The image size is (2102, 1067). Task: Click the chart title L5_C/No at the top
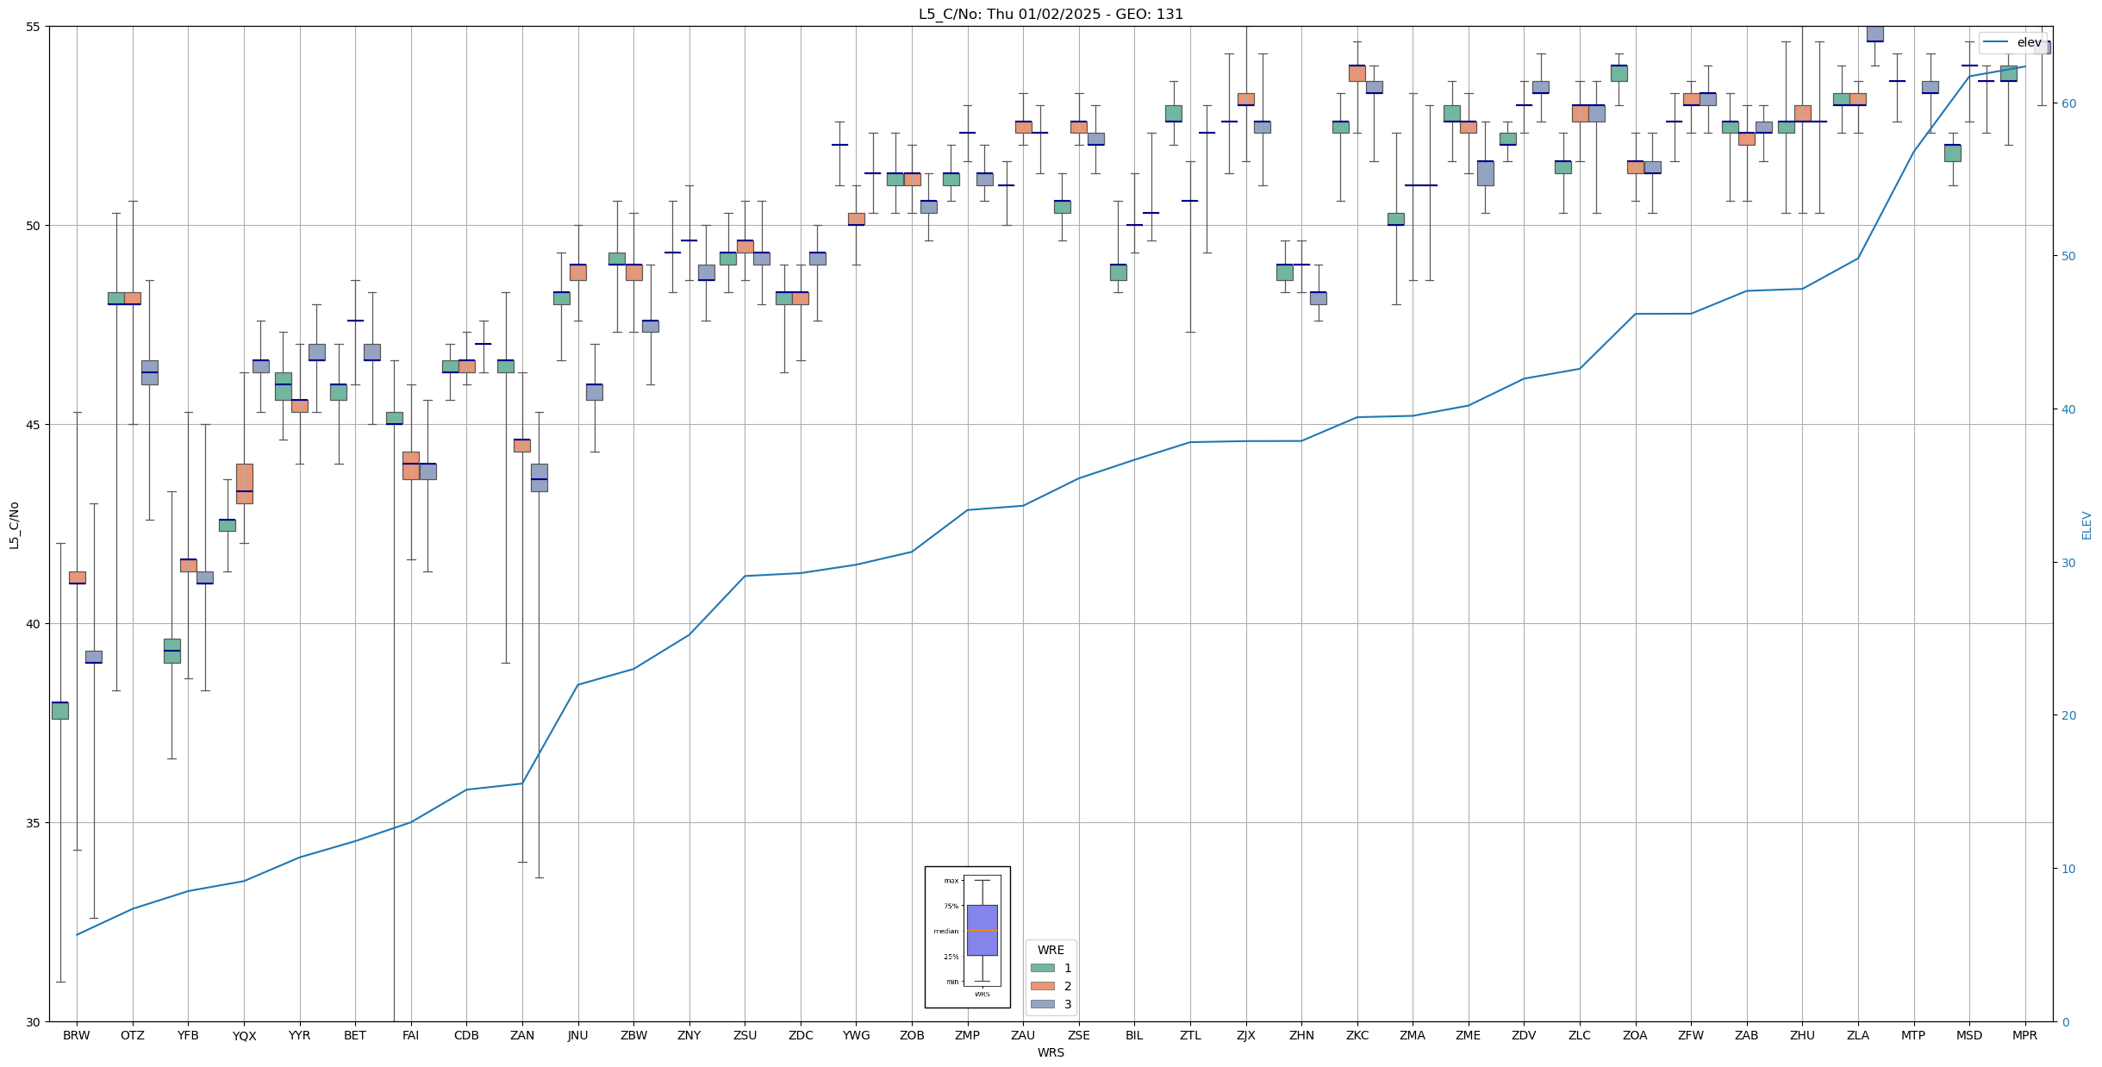coord(1051,14)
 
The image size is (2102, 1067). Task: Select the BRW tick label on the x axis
coord(77,1035)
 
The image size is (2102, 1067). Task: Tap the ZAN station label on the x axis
coord(522,1035)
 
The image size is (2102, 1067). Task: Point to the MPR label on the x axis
coord(2024,1035)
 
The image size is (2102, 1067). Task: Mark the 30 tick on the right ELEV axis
coord(2068,563)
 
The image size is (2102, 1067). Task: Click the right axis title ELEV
coord(2086,525)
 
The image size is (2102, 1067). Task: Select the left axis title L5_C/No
coord(14,525)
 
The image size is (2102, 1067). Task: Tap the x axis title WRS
coord(1051,1052)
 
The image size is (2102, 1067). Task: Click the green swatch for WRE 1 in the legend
coord(1043,968)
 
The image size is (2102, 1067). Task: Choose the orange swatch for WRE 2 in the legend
coord(1043,986)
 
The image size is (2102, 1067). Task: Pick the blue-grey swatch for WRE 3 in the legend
coord(1043,1004)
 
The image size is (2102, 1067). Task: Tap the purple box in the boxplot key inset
coord(982,930)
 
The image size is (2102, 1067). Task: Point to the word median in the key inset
coord(945,931)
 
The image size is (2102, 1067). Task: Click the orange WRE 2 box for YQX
coord(245,484)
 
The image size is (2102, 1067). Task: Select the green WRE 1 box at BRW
coord(60,711)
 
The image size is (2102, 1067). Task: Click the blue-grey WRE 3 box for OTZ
coord(150,372)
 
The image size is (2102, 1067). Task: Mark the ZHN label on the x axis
coord(1301,1035)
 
